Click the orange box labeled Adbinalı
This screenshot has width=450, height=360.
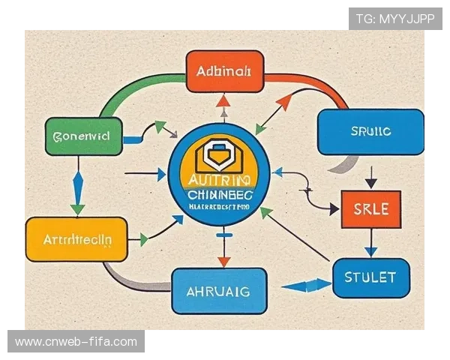coord(224,72)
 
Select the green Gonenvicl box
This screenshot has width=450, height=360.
coord(83,136)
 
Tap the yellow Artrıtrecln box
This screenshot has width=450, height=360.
coord(76,239)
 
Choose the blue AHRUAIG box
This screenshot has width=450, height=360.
coord(219,290)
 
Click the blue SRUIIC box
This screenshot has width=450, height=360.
coord(370,132)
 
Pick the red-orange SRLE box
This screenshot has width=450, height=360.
coord(370,208)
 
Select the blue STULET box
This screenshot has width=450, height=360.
coord(370,277)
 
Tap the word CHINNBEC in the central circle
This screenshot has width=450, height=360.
coord(220,194)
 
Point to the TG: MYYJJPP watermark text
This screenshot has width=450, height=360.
coord(395,18)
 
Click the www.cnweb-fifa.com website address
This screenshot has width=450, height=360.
coord(76,342)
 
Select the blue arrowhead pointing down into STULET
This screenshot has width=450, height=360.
coord(370,251)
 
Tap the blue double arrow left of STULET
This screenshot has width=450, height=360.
coord(308,285)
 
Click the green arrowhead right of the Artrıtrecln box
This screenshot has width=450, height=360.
coord(142,240)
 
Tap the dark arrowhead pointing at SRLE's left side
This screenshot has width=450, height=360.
coord(334,209)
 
